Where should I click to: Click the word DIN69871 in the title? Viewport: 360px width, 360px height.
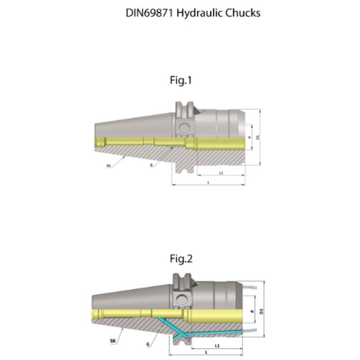150,13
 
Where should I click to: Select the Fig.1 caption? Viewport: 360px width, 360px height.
181,81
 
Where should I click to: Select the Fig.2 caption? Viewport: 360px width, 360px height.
181,259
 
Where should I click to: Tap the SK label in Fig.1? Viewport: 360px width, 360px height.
108,166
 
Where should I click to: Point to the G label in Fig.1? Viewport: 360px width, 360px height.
152,165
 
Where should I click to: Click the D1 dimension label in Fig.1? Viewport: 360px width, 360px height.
257,137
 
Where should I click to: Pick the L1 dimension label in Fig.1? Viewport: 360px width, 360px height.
221,173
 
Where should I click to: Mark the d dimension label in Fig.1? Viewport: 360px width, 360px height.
249,138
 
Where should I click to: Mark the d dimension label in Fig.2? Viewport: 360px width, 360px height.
252,311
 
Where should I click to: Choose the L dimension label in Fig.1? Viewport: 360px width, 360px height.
208,182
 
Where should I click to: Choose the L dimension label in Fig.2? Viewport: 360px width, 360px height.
206,352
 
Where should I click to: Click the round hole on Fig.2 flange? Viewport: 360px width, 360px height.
182,298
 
